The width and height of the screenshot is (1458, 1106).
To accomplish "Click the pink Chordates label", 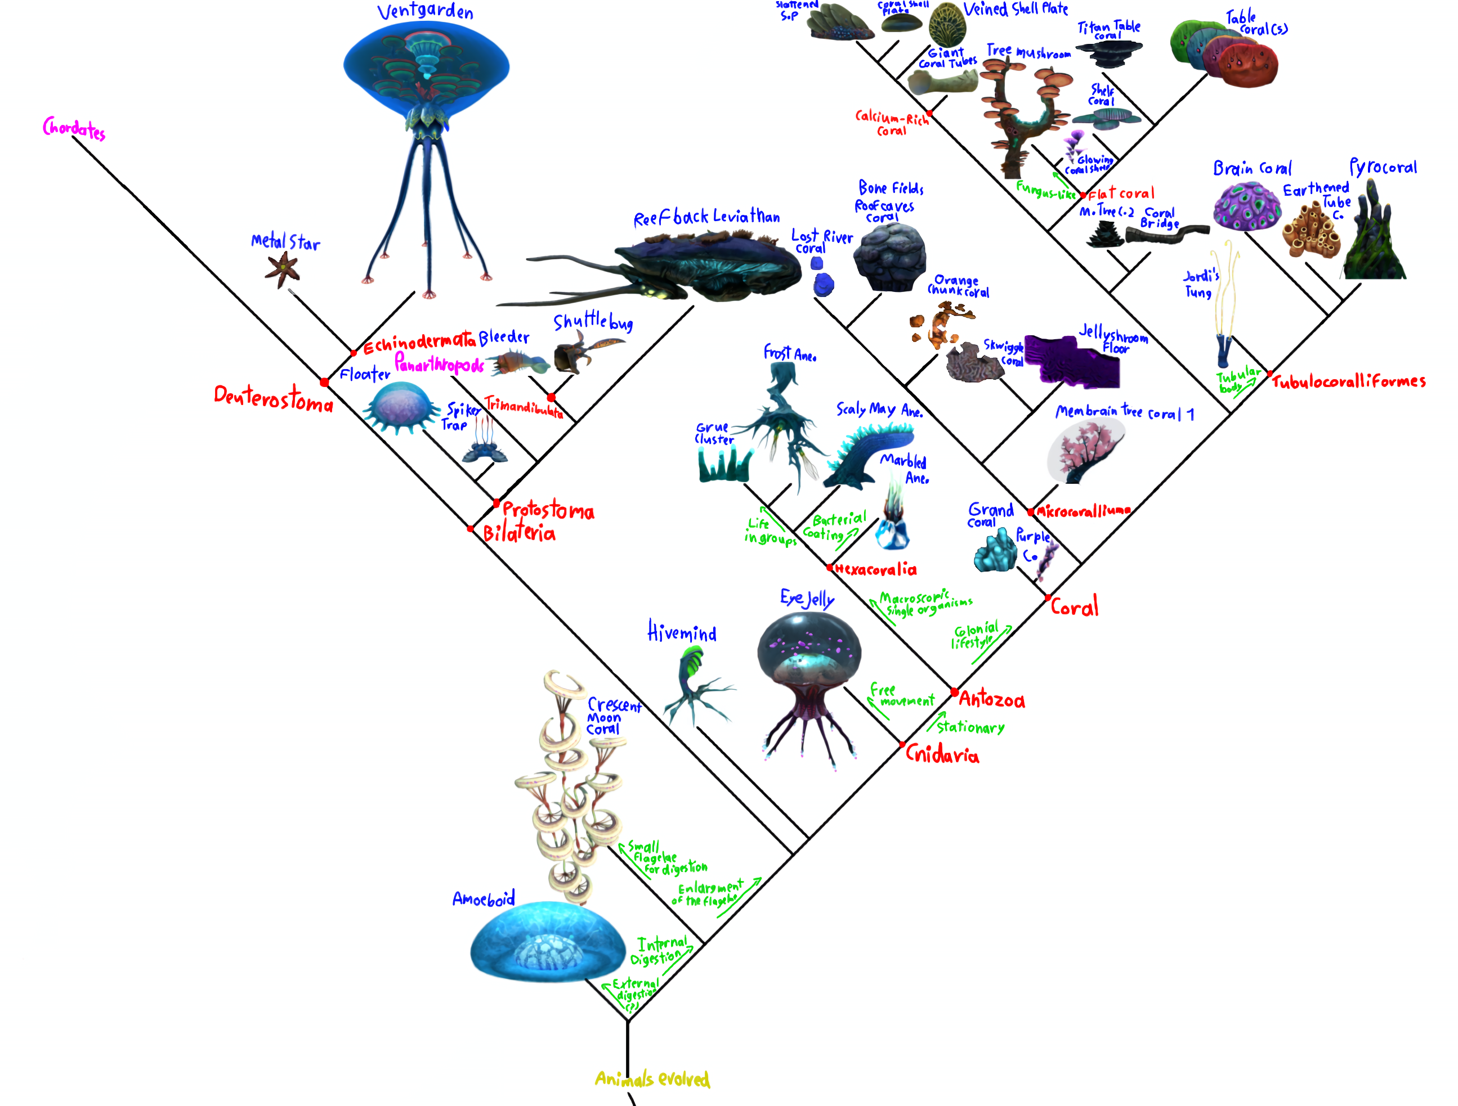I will click(x=74, y=128).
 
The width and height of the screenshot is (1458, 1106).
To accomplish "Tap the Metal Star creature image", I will click(x=282, y=269).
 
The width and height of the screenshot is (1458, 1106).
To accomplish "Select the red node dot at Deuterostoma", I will click(x=324, y=382).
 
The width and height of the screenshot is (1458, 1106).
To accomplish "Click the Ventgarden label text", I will click(x=425, y=11).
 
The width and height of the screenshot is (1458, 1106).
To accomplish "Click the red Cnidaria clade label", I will click(x=942, y=754).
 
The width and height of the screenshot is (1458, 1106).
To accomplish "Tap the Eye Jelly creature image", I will click(x=809, y=685).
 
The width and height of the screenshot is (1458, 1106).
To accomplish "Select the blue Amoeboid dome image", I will click(x=547, y=942).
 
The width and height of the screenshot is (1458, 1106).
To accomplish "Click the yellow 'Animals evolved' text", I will click(x=652, y=1078).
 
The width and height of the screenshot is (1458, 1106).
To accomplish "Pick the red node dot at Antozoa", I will click(x=954, y=691).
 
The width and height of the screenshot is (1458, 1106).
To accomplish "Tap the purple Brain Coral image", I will click(x=1246, y=206).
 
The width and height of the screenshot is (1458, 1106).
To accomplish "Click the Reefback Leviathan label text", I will click(x=706, y=217).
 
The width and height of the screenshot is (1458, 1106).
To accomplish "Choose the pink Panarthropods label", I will click(x=439, y=363).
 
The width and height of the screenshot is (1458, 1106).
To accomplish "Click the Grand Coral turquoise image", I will click(x=995, y=550).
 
